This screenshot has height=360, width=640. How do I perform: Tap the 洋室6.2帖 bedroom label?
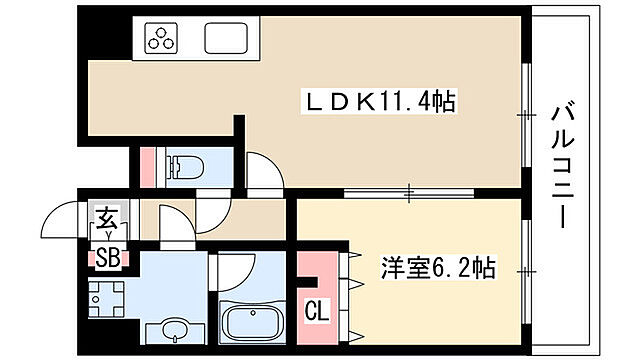point(437,269)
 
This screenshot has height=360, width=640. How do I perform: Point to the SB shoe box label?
point(107,258)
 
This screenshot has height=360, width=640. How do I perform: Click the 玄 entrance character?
point(106,217)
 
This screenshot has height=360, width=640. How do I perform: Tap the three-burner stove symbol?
point(161,39)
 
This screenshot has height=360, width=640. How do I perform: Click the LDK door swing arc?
point(263,170)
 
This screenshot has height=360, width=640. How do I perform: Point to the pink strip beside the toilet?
point(150,165)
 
